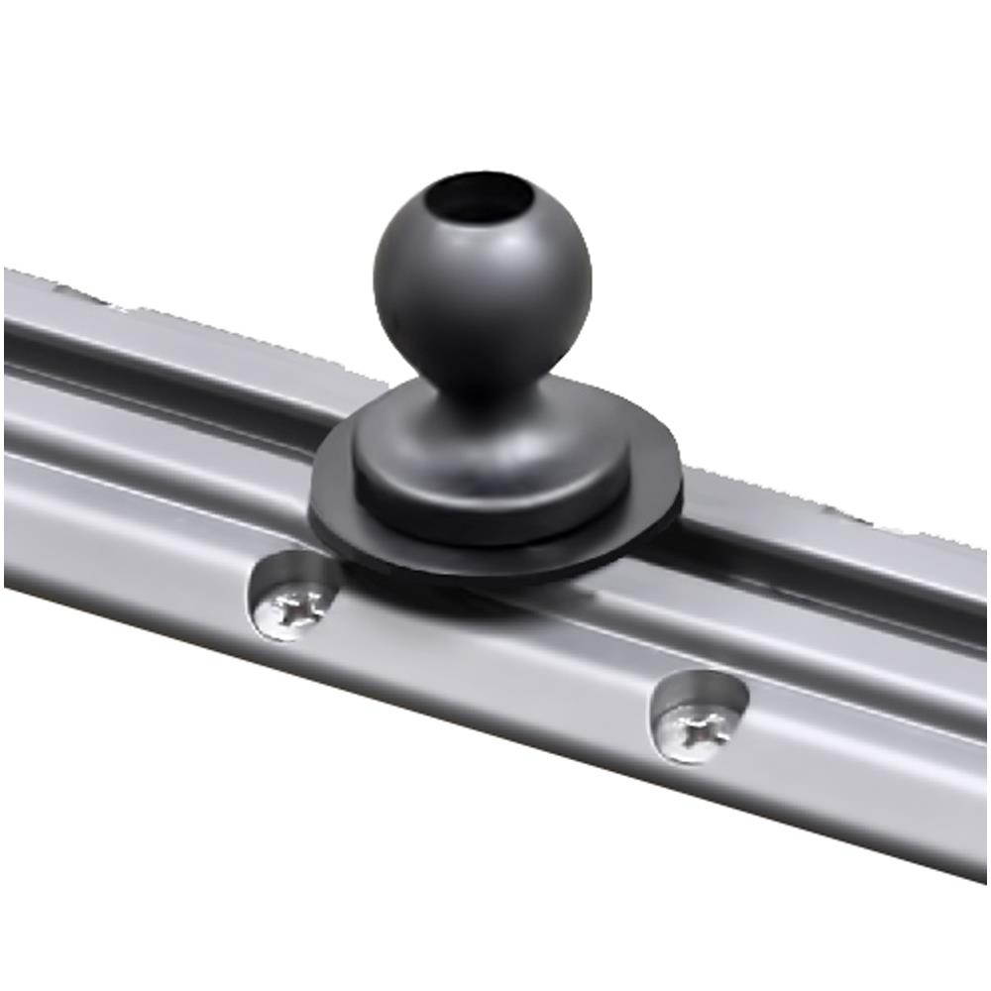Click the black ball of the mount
tap(483, 297)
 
